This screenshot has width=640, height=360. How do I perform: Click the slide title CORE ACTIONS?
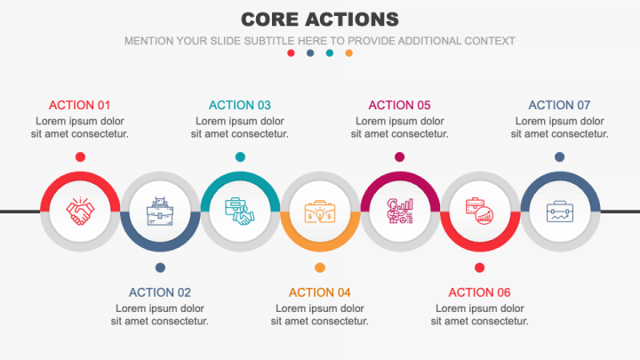[x=320, y=19]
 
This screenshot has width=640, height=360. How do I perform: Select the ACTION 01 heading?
[x=80, y=104]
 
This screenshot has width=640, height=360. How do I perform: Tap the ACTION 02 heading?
[x=160, y=292]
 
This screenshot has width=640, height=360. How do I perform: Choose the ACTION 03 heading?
[x=240, y=104]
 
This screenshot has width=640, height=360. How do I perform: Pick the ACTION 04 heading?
[x=320, y=292]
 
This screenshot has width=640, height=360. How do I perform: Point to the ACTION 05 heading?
[x=399, y=104]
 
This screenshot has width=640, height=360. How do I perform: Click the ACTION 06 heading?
[x=479, y=292]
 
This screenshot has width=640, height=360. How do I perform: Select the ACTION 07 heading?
[x=559, y=104]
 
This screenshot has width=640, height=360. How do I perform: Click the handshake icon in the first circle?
[x=80, y=212]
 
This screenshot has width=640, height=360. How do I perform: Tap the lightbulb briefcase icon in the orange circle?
[x=320, y=212]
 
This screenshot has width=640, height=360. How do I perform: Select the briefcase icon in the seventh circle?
[x=560, y=212]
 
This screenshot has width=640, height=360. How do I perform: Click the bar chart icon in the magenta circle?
[x=400, y=212]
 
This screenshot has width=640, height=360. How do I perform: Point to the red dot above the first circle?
[x=80, y=157]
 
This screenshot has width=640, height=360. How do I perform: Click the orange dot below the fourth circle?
[x=320, y=267]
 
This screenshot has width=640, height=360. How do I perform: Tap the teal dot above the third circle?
[x=240, y=157]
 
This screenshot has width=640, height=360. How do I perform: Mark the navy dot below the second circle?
[x=160, y=267]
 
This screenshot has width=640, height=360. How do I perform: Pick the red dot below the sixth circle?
[x=480, y=267]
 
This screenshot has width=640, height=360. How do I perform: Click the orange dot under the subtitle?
[x=348, y=53]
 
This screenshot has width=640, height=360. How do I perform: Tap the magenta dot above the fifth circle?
[x=400, y=157]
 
